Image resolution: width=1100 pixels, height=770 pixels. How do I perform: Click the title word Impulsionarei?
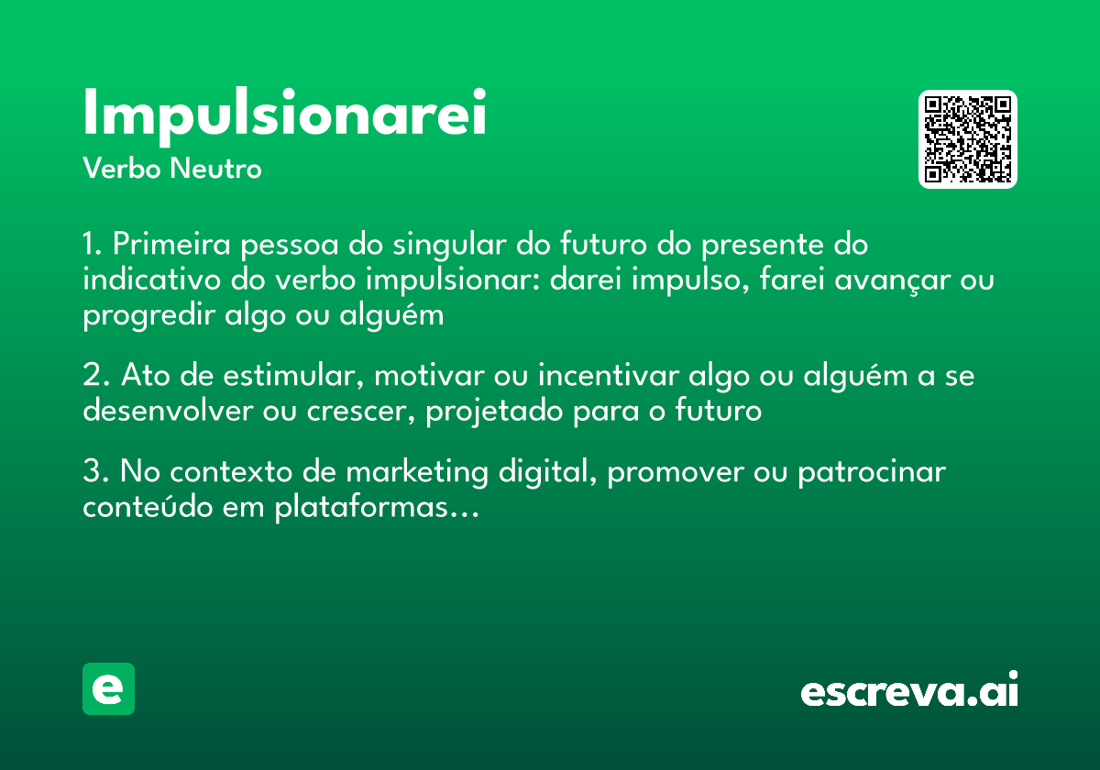pyautogui.click(x=284, y=115)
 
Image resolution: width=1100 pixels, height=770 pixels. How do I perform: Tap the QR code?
pyautogui.click(x=968, y=139)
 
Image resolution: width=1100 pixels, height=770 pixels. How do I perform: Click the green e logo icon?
pyautogui.click(x=108, y=688)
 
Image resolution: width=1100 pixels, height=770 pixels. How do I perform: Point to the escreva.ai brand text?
pyautogui.click(x=909, y=690)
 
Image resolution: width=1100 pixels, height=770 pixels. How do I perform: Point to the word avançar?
pyautogui.click(x=891, y=280)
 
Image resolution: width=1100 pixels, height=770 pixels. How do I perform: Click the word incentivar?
pyautogui.click(x=608, y=377)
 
